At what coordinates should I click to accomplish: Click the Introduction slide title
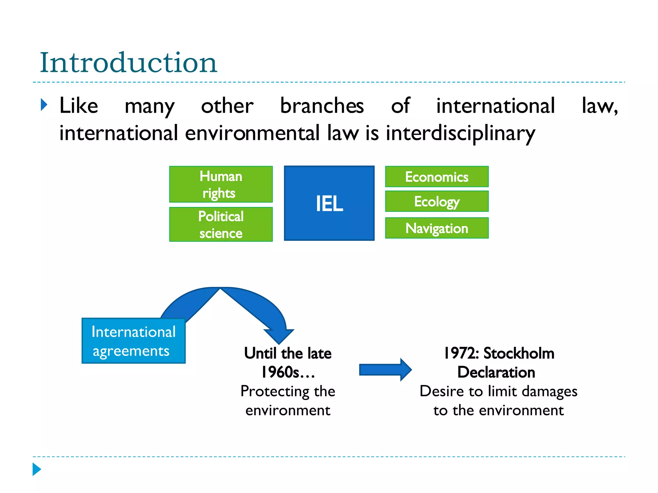coord(129,63)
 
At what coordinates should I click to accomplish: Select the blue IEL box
coord(329,203)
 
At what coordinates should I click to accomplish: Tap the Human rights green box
coord(221,184)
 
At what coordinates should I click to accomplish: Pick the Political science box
coord(221,224)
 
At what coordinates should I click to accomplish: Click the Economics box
coord(437,177)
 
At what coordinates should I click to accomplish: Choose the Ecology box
coord(437,201)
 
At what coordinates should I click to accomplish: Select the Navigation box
coord(437,228)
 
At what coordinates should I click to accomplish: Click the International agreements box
coord(133,341)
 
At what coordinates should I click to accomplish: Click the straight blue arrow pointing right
coord(385,370)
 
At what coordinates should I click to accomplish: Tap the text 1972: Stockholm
coord(499,353)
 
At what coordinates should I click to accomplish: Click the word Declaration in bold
coord(496,372)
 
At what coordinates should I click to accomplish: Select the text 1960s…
coord(288,372)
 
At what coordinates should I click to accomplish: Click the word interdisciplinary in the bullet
coord(460,133)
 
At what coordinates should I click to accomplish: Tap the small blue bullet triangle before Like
coord(44,105)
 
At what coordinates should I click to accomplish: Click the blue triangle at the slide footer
coord(37,469)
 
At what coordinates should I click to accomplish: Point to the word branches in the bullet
coord(322,106)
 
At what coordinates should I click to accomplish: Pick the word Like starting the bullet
coord(79,106)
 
